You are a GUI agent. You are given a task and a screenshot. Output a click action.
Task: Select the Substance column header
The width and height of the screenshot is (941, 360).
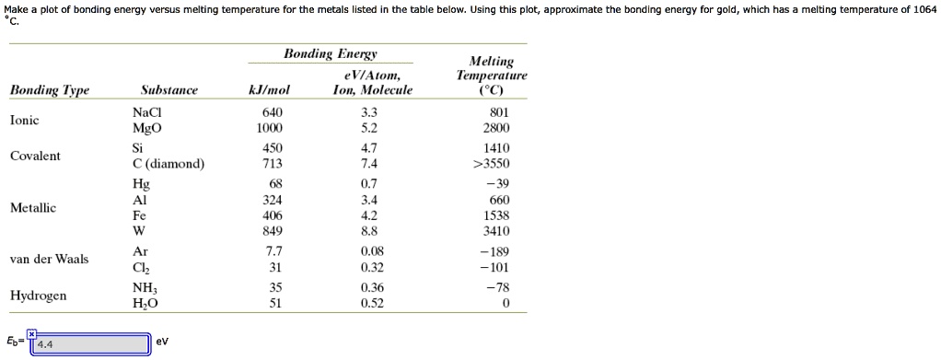coord(168,90)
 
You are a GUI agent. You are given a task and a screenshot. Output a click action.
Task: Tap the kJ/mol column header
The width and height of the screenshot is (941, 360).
coord(269,90)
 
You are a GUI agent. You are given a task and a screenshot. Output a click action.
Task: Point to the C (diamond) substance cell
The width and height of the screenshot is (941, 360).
coord(168,164)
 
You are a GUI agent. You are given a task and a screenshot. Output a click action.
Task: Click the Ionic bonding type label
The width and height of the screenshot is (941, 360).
coord(25,120)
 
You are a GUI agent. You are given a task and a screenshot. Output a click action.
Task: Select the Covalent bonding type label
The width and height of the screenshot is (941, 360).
coord(35,156)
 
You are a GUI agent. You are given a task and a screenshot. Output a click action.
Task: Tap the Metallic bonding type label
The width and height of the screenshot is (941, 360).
coord(33,208)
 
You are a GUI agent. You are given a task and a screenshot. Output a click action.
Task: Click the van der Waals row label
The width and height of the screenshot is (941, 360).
coord(49,259)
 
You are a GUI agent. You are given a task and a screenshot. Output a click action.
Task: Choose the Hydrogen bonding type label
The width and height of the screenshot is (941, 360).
coord(38,296)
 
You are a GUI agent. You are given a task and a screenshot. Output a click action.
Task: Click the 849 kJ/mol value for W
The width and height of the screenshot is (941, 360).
coord(273,231)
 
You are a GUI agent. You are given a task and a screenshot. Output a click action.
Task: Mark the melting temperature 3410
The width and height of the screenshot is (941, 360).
coord(496,231)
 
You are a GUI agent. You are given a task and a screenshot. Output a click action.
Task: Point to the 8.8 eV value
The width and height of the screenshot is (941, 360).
coord(371,231)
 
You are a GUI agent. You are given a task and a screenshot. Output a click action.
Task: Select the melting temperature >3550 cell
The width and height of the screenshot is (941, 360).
coord(491,164)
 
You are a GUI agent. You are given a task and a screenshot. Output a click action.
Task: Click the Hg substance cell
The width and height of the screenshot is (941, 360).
coord(141,183)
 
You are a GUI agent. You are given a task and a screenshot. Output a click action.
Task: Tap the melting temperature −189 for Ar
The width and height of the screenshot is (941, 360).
coord(494,251)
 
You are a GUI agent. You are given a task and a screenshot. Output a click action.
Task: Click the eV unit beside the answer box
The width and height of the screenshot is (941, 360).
coord(163,342)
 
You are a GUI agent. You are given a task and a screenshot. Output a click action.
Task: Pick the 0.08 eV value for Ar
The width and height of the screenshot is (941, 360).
coord(372,251)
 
